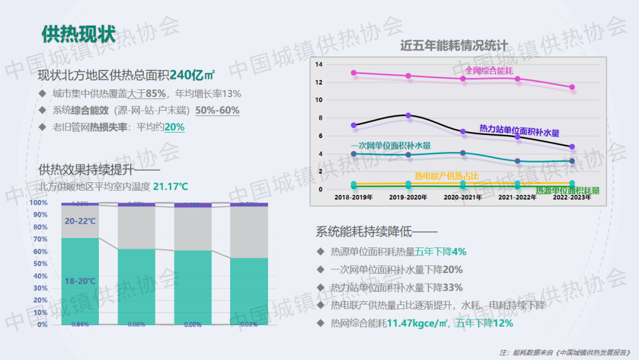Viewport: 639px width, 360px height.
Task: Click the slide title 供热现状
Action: [78, 34]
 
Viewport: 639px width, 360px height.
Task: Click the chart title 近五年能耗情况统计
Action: [454, 45]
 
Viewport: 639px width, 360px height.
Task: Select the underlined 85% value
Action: [155, 94]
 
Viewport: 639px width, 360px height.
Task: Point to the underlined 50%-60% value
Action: [217, 110]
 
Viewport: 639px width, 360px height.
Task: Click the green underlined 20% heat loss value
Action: [175, 127]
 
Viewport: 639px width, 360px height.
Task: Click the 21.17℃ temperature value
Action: [170, 187]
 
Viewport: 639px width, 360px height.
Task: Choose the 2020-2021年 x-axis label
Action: [463, 197]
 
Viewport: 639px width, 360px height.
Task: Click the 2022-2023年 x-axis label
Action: [572, 197]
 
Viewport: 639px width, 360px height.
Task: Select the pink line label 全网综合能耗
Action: [489, 70]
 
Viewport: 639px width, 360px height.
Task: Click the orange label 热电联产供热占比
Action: [447, 176]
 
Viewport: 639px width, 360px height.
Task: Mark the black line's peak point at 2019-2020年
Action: [408, 115]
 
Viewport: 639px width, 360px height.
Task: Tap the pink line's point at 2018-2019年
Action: [354, 73]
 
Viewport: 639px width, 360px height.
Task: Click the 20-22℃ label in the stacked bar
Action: [80, 221]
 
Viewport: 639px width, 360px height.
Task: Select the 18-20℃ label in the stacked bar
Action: [80, 281]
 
